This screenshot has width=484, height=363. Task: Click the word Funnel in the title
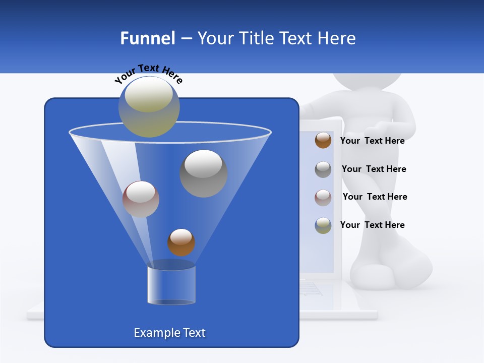pyautogui.click(x=148, y=38)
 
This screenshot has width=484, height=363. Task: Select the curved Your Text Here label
pyautogui.click(x=148, y=73)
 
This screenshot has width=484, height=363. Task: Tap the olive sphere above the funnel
pyautogui.click(x=149, y=106)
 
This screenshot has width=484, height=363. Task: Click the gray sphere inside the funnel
pyautogui.click(x=203, y=173)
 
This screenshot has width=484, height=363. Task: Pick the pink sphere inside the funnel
pyautogui.click(x=141, y=199)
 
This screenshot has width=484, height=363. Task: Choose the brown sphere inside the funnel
pyautogui.click(x=181, y=242)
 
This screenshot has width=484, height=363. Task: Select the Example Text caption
pyautogui.click(x=170, y=333)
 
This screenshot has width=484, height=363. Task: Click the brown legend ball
pyautogui.click(x=323, y=140)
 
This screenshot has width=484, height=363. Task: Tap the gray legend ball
pyautogui.click(x=323, y=169)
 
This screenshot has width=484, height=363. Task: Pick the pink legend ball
pyautogui.click(x=323, y=197)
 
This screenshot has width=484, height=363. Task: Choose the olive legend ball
pyautogui.click(x=323, y=225)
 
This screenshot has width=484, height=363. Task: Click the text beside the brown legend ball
pyautogui.click(x=372, y=141)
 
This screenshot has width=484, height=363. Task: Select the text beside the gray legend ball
pyautogui.click(x=374, y=169)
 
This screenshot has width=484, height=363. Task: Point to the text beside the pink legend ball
pyautogui.click(x=375, y=197)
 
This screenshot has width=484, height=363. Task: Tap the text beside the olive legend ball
pyautogui.click(x=372, y=225)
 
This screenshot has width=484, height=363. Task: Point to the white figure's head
pyautogui.click(x=367, y=83)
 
